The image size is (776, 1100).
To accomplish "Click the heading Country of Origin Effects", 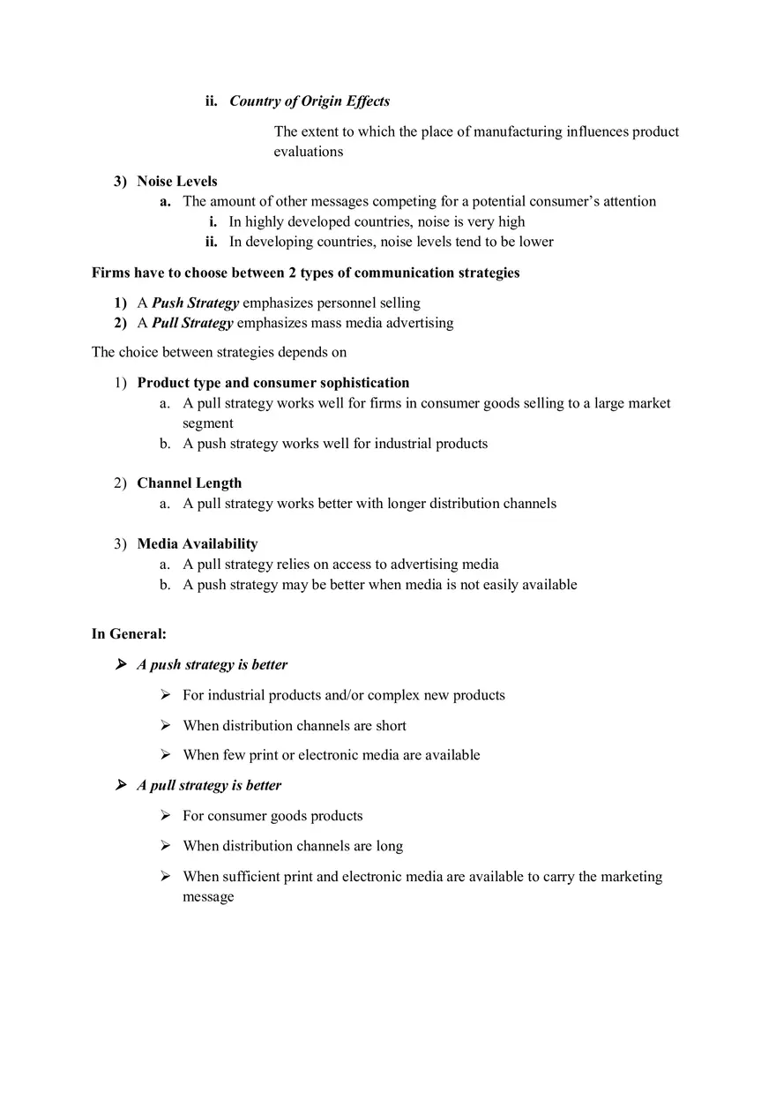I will [x=310, y=101].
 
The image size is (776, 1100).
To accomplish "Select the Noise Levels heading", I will [x=177, y=182].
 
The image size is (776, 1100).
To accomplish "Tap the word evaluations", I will [x=308, y=152].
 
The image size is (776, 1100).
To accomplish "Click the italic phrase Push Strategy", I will [x=195, y=303].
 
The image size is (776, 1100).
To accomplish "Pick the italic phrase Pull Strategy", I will [x=192, y=324].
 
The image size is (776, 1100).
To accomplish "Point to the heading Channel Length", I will [x=189, y=483].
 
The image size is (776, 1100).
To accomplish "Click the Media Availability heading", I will [x=197, y=544].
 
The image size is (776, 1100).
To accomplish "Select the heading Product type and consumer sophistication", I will [x=272, y=384].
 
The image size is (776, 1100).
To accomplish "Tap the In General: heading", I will [x=129, y=634].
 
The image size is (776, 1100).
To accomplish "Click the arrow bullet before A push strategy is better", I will [x=121, y=664].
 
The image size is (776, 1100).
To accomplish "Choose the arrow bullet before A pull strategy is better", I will [x=121, y=785].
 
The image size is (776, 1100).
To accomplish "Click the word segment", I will [x=207, y=423].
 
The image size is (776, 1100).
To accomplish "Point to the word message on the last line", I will [x=208, y=897].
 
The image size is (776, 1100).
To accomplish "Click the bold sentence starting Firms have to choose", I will [x=305, y=273].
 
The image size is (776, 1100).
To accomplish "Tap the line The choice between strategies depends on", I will [x=219, y=353].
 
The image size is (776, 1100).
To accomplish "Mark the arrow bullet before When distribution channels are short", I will [x=166, y=725].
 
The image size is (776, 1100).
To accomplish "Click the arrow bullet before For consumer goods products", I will [x=166, y=816].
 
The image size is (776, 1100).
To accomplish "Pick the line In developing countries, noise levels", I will [x=391, y=243].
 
